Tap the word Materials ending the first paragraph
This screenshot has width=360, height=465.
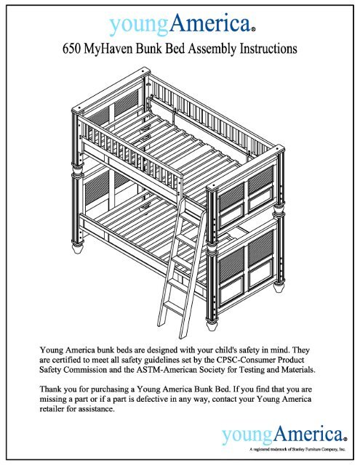(x=318, y=371)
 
